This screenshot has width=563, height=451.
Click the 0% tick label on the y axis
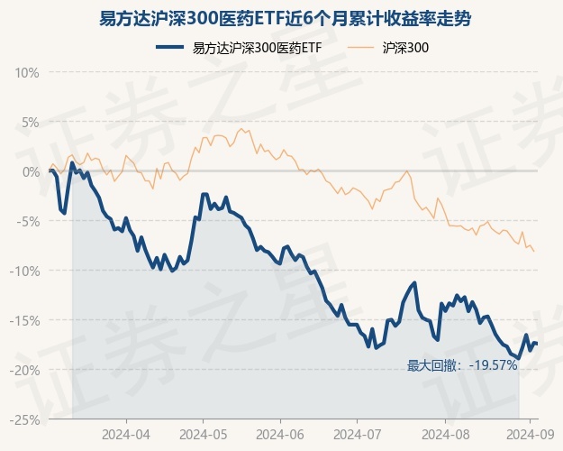pyautogui.click(x=32, y=171)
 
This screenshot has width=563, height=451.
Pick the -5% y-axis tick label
pyautogui.click(x=30, y=221)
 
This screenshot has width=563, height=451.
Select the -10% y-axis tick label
pyautogui.click(x=27, y=271)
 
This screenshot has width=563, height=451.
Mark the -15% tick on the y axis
pyautogui.click(x=27, y=320)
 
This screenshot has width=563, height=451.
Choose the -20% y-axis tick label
pyautogui.click(x=27, y=370)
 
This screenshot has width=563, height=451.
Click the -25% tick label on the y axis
pyautogui.click(x=27, y=419)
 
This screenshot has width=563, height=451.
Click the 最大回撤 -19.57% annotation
pyautogui.click(x=462, y=365)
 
